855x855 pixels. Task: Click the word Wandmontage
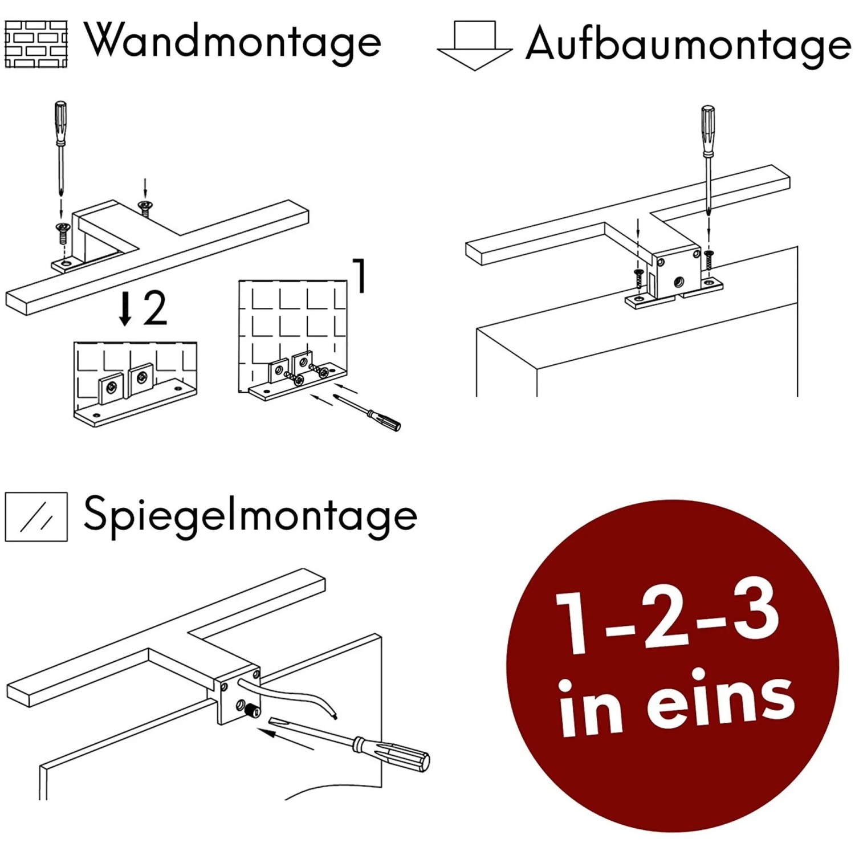click(233, 41)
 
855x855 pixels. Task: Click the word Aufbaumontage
click(687, 44)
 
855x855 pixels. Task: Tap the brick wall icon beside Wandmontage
click(36, 44)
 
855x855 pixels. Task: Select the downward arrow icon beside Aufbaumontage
click(474, 46)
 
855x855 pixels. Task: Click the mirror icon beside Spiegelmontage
click(36, 516)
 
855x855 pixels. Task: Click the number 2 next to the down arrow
click(154, 308)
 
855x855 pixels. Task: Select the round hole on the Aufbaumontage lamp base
click(678, 281)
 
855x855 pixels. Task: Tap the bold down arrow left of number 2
click(125, 308)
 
